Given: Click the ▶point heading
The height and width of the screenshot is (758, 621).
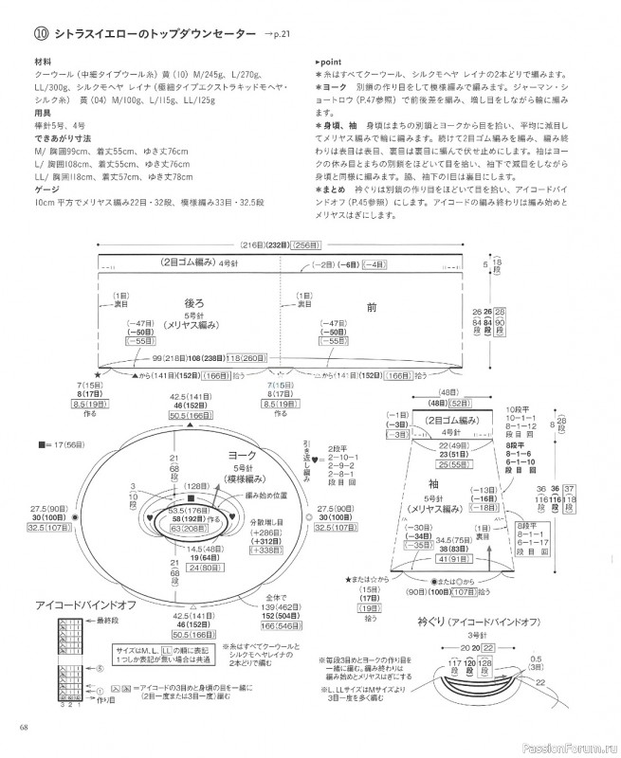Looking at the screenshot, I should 330,61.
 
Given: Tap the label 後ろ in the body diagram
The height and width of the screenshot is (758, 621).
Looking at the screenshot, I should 194,303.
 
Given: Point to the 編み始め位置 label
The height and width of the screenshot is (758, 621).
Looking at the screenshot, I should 265,496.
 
